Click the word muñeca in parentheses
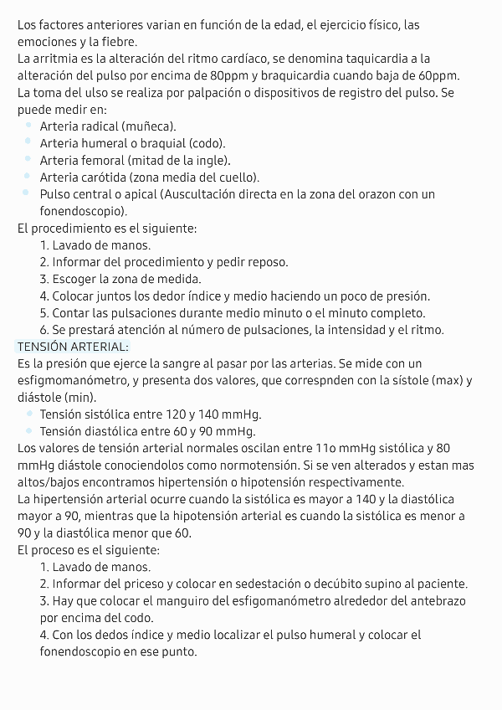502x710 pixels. click(148, 126)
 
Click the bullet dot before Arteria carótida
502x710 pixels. click(28, 177)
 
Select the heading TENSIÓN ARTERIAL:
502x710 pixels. click(73, 346)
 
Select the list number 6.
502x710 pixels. click(44, 329)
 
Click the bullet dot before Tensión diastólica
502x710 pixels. click(28, 431)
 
